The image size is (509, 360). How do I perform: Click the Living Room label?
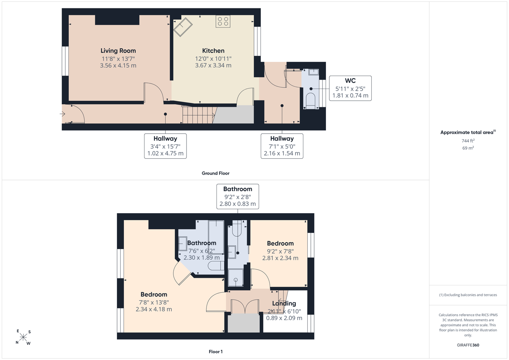[118, 51]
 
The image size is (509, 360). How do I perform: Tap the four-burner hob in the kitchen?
[223, 21]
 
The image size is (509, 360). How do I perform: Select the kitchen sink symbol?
[183, 27]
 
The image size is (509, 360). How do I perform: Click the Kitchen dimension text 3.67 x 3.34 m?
[213, 66]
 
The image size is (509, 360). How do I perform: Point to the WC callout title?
[350, 81]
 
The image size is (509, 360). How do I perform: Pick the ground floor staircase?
[199, 115]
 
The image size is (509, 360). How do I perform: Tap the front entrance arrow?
[62, 114]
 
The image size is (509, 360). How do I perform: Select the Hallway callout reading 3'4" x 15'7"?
[165, 146]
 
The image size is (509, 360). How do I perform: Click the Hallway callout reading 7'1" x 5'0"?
[282, 146]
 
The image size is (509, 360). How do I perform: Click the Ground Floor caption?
[215, 173]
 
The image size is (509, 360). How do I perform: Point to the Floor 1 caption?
[216, 352]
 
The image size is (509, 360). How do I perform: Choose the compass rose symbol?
[23, 337]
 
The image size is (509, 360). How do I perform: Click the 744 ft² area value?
[468, 141]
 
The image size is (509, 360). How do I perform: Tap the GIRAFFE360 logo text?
[468, 345]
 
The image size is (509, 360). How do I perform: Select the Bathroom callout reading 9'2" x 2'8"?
[238, 197]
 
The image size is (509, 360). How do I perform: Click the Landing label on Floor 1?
[284, 303]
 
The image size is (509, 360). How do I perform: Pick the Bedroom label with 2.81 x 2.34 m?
[280, 243]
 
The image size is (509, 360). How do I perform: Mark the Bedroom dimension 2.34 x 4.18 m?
[154, 309]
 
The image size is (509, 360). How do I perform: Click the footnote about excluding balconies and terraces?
[468, 295]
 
